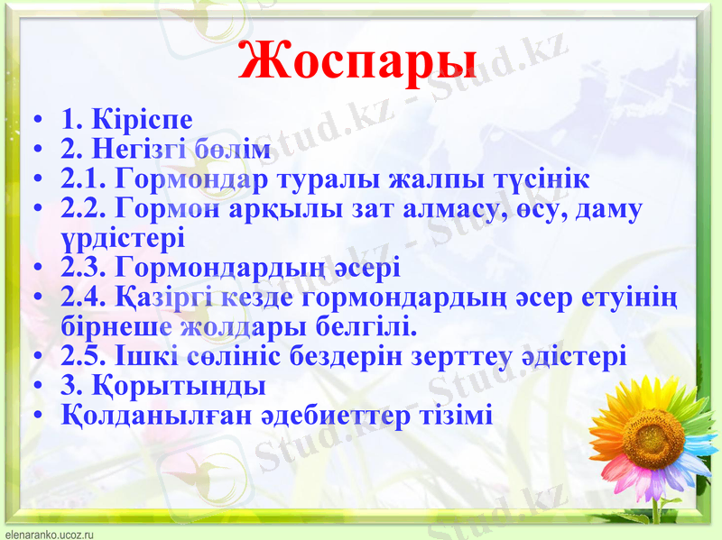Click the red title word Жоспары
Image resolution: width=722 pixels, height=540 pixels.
coord(358,60)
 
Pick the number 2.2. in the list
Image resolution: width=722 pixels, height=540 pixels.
coord(86,208)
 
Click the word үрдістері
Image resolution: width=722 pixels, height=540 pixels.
coord(122,238)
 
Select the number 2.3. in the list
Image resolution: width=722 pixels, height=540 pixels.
coord(86,268)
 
